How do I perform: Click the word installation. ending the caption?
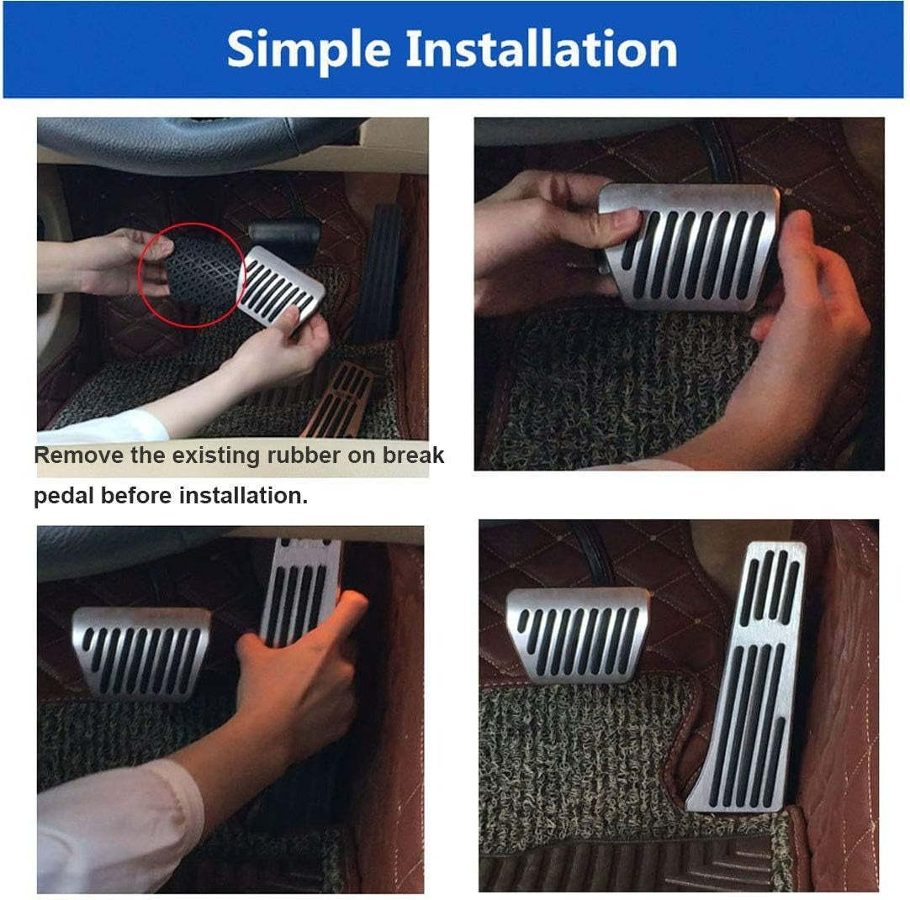243,496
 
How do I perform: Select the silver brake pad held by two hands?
690,245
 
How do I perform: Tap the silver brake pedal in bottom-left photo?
141,651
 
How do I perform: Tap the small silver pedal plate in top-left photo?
281,285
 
